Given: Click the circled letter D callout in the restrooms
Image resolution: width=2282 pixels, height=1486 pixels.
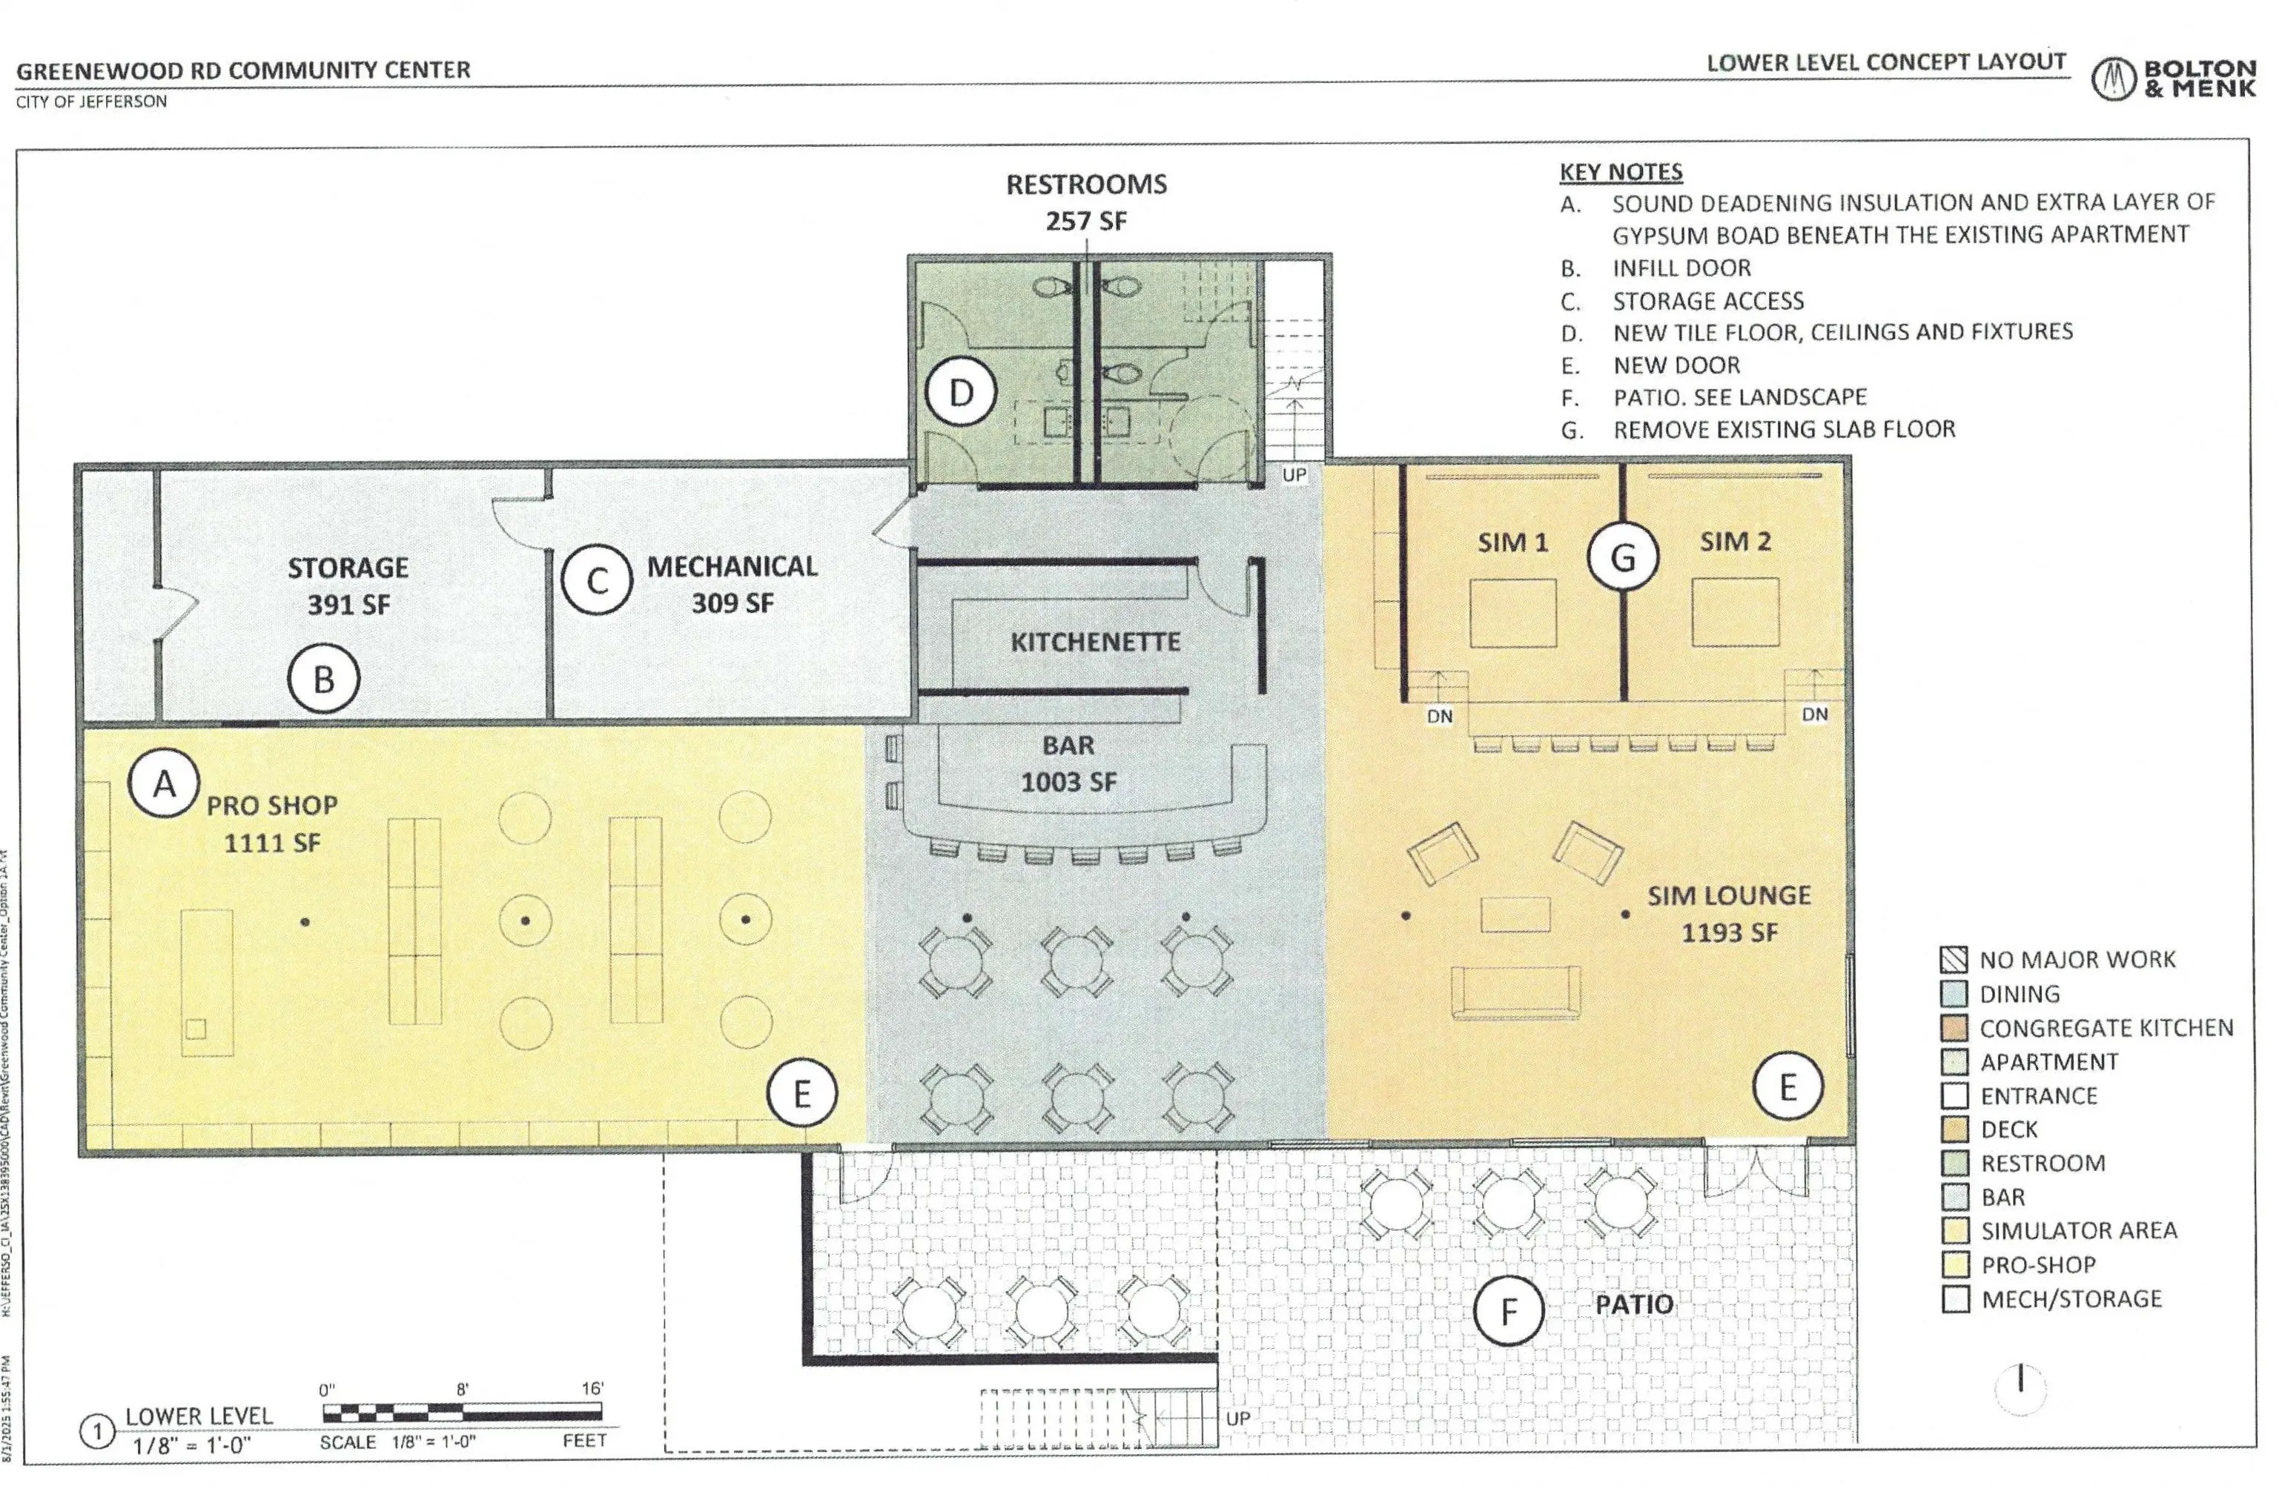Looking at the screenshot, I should (961, 392).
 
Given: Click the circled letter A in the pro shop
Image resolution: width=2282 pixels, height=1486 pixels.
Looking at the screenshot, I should (164, 783).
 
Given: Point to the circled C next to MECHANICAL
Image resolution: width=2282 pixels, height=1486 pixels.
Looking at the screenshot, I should (596, 581).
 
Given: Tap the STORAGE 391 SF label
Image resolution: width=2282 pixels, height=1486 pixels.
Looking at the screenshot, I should (348, 585).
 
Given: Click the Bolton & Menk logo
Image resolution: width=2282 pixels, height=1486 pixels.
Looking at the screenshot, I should (2173, 79).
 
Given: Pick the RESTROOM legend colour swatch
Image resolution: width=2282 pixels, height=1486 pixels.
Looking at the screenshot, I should (1954, 1163).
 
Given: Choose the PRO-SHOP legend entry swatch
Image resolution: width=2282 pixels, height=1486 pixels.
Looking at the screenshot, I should (1954, 1264).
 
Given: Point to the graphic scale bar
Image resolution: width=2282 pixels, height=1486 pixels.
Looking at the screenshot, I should (462, 1411).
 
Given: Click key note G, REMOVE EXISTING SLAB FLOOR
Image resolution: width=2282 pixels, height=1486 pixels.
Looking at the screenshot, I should (1783, 430).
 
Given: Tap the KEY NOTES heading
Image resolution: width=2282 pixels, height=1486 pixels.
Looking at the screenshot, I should (1621, 172).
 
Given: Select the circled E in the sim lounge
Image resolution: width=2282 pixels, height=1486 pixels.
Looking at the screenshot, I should (1787, 1087).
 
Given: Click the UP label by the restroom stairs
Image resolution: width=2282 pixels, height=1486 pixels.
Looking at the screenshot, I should (1294, 474).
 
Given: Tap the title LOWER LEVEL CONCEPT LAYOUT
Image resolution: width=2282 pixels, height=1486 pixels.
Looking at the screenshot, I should (1885, 62).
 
